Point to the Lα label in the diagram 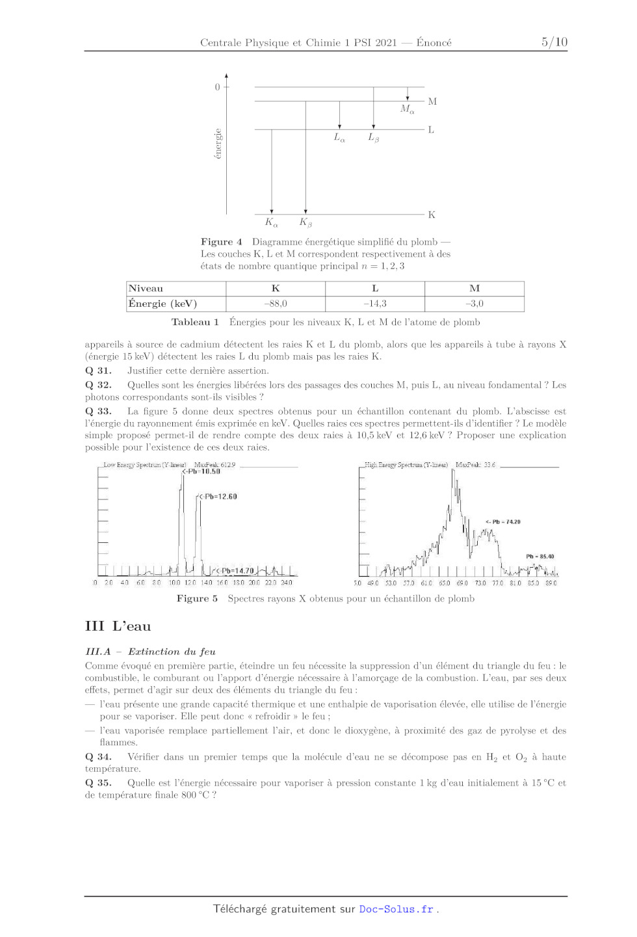coord(339,137)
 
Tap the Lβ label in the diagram coord(374,137)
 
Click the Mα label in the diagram coord(408,109)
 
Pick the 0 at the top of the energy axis coord(218,87)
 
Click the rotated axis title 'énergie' coord(218,144)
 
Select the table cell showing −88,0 coord(276,304)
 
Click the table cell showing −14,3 coord(375,304)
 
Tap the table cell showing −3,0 coord(474,304)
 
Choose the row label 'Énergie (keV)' coord(162,304)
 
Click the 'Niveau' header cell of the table coord(146,289)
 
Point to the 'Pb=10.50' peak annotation coord(203,471)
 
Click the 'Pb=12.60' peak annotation coord(218,497)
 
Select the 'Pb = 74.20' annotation coord(504,522)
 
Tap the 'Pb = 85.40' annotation coord(540,557)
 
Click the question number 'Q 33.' coord(98,412)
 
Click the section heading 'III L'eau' coord(118,626)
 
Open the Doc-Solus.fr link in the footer coord(396,909)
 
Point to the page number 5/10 coord(554,42)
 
